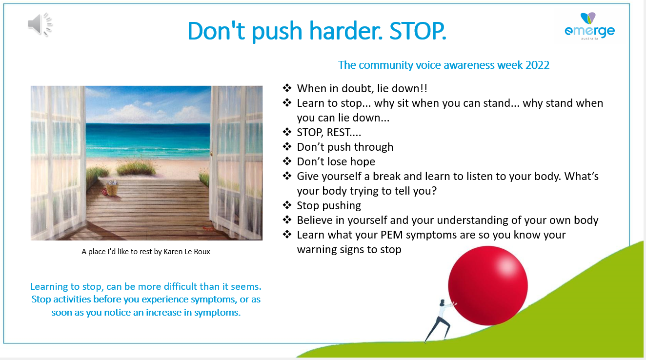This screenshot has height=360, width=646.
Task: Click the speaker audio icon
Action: pos(40,24)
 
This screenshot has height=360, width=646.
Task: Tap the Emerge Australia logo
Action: pos(589,26)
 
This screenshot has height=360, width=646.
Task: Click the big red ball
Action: pos(488,286)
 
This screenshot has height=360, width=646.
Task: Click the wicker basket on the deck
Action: pos(112,188)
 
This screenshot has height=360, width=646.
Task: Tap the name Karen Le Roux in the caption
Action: pos(187,252)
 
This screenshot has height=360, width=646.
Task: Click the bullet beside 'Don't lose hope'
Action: pos(287,161)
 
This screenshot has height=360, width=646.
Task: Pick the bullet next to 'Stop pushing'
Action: pos(287,205)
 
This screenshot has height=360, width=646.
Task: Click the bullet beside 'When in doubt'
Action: pos(287,88)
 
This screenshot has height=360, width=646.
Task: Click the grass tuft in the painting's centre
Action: pos(136,168)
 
